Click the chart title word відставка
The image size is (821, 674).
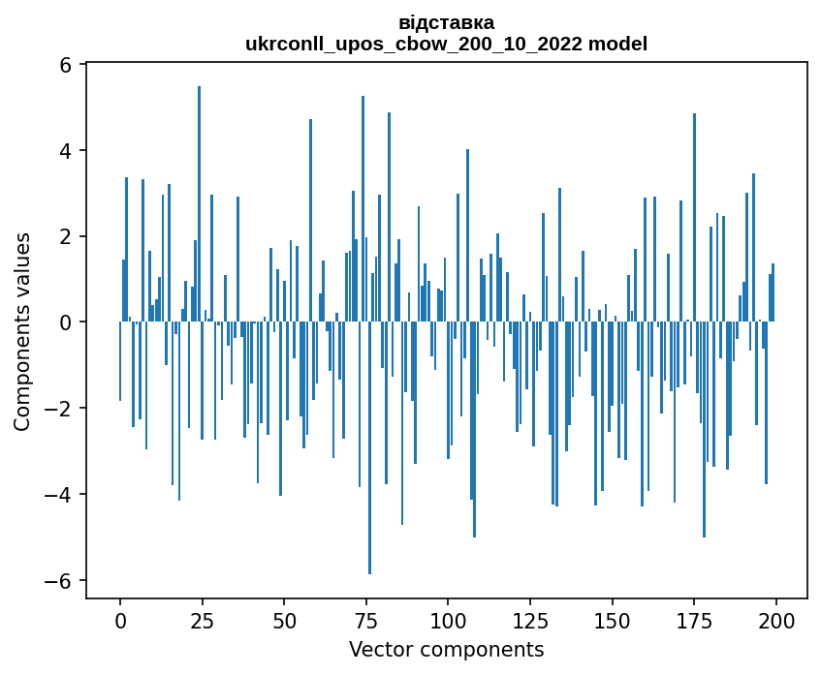click(x=446, y=22)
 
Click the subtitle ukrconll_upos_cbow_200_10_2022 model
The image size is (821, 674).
click(x=446, y=44)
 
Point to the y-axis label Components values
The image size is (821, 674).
click(x=22, y=331)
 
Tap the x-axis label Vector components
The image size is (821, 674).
click(x=446, y=649)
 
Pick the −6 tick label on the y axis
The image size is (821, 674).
click(x=61, y=581)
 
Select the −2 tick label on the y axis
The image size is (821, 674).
click(x=61, y=409)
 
